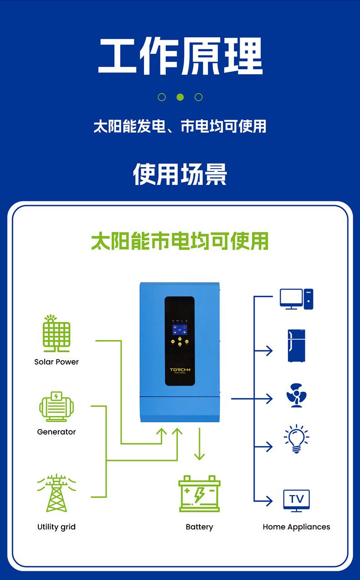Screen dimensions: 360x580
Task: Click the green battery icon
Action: click(199, 494)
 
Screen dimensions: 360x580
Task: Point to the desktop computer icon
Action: click(296, 299)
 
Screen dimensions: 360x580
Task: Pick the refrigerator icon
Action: click(296, 346)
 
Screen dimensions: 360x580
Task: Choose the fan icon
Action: click(296, 395)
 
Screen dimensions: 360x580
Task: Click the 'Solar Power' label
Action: click(57, 362)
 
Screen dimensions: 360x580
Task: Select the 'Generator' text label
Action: click(57, 432)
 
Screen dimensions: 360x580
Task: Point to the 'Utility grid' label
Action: click(57, 527)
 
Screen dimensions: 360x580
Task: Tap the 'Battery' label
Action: click(199, 527)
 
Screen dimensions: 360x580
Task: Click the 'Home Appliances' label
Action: click(296, 527)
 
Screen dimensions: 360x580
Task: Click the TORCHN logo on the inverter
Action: click(180, 370)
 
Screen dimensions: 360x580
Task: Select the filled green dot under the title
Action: click(180, 97)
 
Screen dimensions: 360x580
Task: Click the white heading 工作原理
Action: click(180, 56)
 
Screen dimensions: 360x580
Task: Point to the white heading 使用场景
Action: click(180, 174)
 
